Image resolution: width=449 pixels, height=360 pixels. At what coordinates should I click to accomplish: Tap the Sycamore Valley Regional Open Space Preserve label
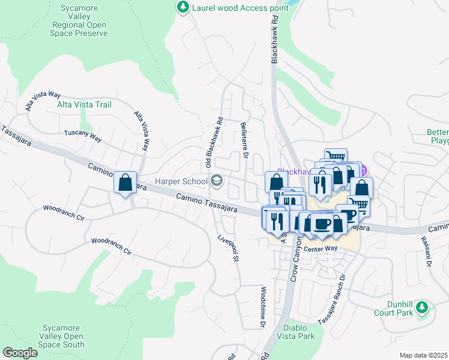coord(80,21)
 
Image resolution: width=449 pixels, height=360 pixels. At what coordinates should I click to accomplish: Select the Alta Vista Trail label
coord(84,104)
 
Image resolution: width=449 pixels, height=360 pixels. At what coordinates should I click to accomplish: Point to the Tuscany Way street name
coord(83,135)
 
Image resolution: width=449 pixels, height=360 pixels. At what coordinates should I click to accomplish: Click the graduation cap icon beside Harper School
coord(215,180)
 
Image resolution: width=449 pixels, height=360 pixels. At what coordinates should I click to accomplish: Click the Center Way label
coord(320,248)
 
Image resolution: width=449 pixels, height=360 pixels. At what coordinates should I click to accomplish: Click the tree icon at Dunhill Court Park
coord(423,308)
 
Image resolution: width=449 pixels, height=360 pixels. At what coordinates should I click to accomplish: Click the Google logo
coord(20,353)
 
